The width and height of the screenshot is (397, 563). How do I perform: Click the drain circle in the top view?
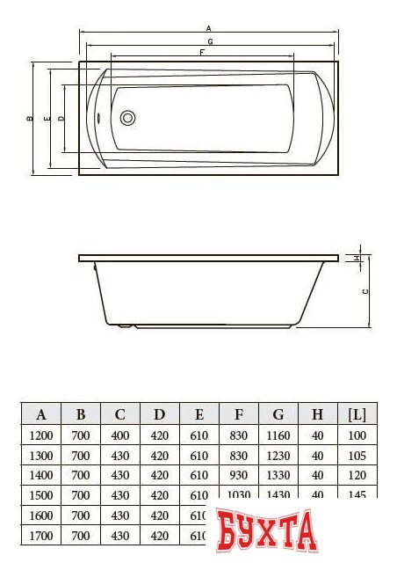(126, 117)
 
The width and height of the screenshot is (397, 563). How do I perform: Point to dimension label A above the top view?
(208, 29)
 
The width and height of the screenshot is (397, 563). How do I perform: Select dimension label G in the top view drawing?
(208, 41)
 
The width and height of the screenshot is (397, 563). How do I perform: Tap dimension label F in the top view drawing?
(203, 53)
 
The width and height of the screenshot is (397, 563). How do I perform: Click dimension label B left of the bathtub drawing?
(29, 118)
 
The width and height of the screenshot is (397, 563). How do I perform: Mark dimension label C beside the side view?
(365, 290)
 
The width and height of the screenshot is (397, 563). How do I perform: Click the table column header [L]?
(357, 414)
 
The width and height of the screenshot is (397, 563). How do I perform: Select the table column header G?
(278, 414)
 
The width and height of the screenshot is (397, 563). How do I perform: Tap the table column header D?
(159, 414)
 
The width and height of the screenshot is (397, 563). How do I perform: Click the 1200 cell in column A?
(41, 435)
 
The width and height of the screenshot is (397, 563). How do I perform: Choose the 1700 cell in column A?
(41, 535)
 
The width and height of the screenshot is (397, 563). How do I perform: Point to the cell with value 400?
(120, 435)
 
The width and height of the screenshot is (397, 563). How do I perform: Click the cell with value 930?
(238, 475)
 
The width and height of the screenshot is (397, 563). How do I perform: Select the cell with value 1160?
(278, 435)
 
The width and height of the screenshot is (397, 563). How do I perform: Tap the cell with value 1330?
(278, 475)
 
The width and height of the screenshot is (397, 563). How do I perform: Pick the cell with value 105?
(357, 456)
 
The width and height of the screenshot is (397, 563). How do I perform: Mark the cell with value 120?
(357, 475)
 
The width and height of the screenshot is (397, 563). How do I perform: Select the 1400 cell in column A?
(41, 475)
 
